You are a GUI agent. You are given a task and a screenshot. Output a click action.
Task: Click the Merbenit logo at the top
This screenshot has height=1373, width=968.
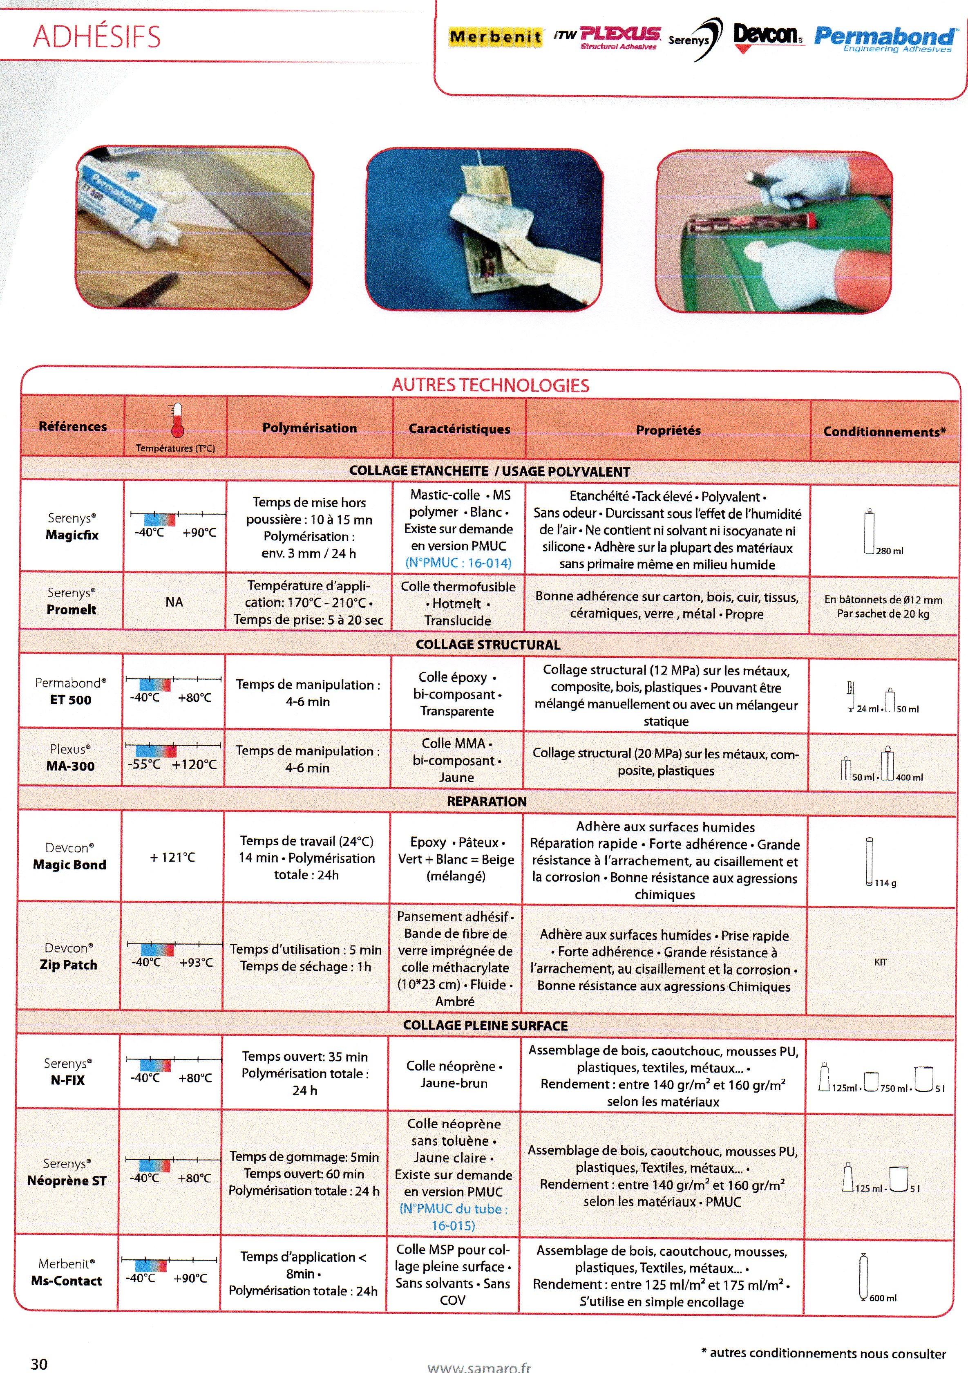pos(496,37)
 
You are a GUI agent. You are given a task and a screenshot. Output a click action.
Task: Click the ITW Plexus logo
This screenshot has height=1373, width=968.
pos(608,37)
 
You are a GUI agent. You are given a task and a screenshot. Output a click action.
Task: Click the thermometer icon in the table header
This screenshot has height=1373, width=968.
pos(177,420)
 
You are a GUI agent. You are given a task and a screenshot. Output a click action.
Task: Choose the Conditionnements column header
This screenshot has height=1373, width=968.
pos(884,432)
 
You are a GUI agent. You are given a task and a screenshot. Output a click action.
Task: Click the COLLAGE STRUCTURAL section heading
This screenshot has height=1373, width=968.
pos(488,645)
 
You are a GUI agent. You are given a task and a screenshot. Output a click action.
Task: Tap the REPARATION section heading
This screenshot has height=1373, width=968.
pos(487,801)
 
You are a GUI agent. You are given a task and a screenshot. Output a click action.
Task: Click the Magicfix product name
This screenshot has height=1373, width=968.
pos(72,535)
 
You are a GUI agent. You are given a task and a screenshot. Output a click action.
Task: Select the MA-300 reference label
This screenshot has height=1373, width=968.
pos(71,766)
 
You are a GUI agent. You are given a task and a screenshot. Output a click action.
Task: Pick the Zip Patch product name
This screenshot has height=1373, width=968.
pos(68,965)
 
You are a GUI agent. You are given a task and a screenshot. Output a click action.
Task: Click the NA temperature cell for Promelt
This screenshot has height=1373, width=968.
pos(174,602)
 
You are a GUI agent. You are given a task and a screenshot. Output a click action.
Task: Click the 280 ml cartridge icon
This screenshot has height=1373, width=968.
pos(870,532)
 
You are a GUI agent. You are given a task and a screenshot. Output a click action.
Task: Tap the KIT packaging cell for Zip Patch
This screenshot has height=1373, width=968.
pos(880,962)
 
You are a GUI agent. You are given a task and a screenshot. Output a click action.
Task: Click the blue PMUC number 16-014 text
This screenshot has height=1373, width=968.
pos(458,563)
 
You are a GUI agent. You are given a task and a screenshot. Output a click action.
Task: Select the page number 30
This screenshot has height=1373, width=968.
pos(39,1364)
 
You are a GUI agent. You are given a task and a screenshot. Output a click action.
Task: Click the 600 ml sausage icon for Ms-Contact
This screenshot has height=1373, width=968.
pos(863,1277)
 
